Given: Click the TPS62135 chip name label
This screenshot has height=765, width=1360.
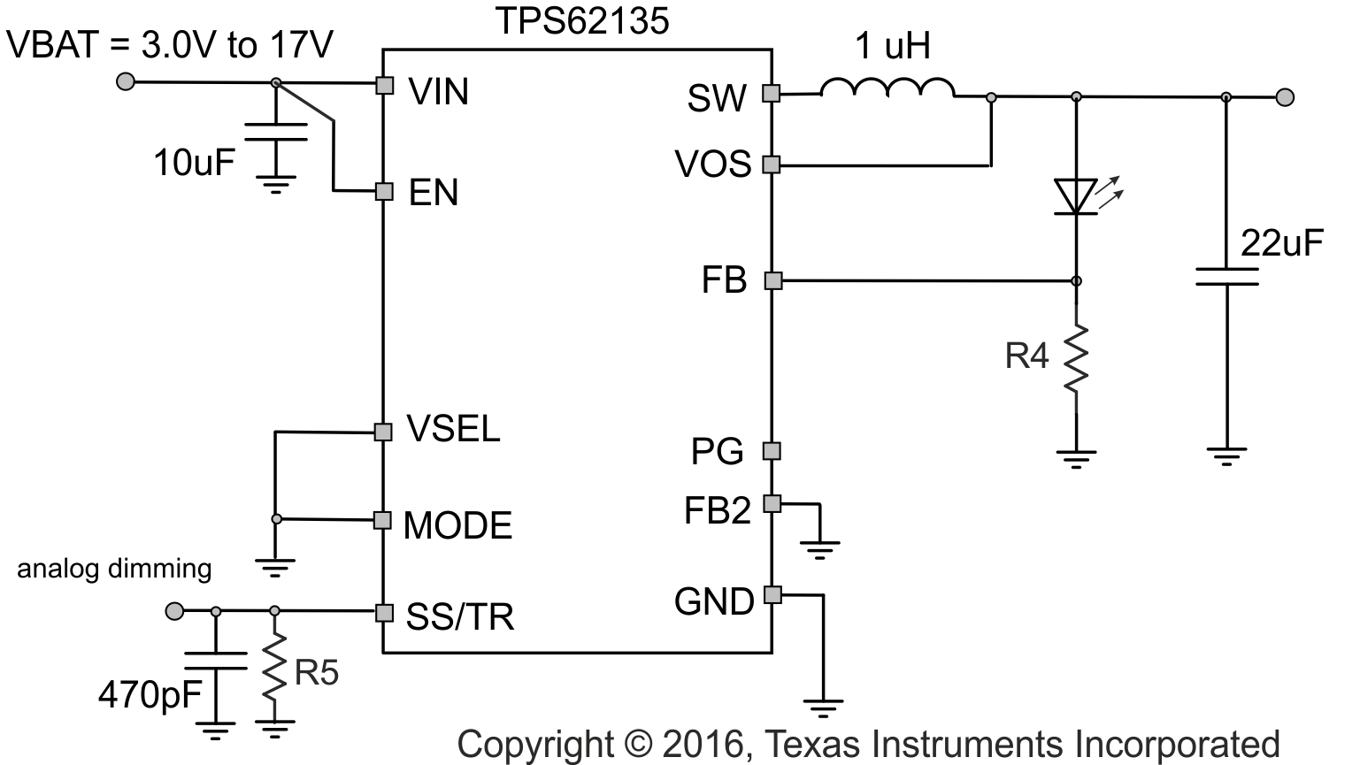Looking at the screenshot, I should [581, 20].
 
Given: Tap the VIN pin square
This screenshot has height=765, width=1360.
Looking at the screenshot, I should [384, 85].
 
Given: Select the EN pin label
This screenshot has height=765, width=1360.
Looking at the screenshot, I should [434, 192].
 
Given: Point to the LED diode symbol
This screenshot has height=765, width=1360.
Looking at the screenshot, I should [1076, 196].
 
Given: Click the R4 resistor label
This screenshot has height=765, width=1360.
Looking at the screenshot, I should [1026, 356].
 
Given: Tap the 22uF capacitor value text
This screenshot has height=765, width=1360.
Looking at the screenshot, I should [1281, 242].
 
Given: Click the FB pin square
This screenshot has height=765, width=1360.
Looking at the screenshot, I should [772, 281].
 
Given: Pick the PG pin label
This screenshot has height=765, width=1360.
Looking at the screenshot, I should [717, 452].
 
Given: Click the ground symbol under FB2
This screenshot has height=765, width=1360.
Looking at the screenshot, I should [822, 547].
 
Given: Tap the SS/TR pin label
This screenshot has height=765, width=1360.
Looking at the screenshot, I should [459, 616].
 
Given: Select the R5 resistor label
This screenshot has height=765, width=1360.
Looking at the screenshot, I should [316, 674].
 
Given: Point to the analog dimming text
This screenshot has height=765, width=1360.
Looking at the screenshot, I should [114, 568].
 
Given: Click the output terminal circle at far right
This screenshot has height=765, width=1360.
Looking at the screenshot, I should [1286, 96].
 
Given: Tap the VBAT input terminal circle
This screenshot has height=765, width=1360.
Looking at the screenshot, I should [127, 82].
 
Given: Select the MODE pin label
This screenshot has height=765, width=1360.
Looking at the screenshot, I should [457, 525].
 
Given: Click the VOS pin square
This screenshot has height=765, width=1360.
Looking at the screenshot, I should [772, 164].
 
